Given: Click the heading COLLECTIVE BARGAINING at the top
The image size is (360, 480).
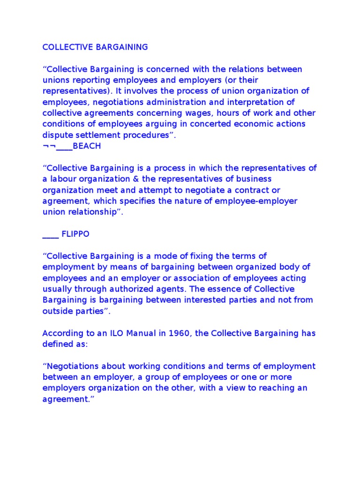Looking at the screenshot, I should pyautogui.click(x=95, y=47).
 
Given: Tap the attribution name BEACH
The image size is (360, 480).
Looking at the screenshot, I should pyautogui.click(x=87, y=146).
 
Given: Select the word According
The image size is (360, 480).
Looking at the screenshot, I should pyautogui.click(x=63, y=333).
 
